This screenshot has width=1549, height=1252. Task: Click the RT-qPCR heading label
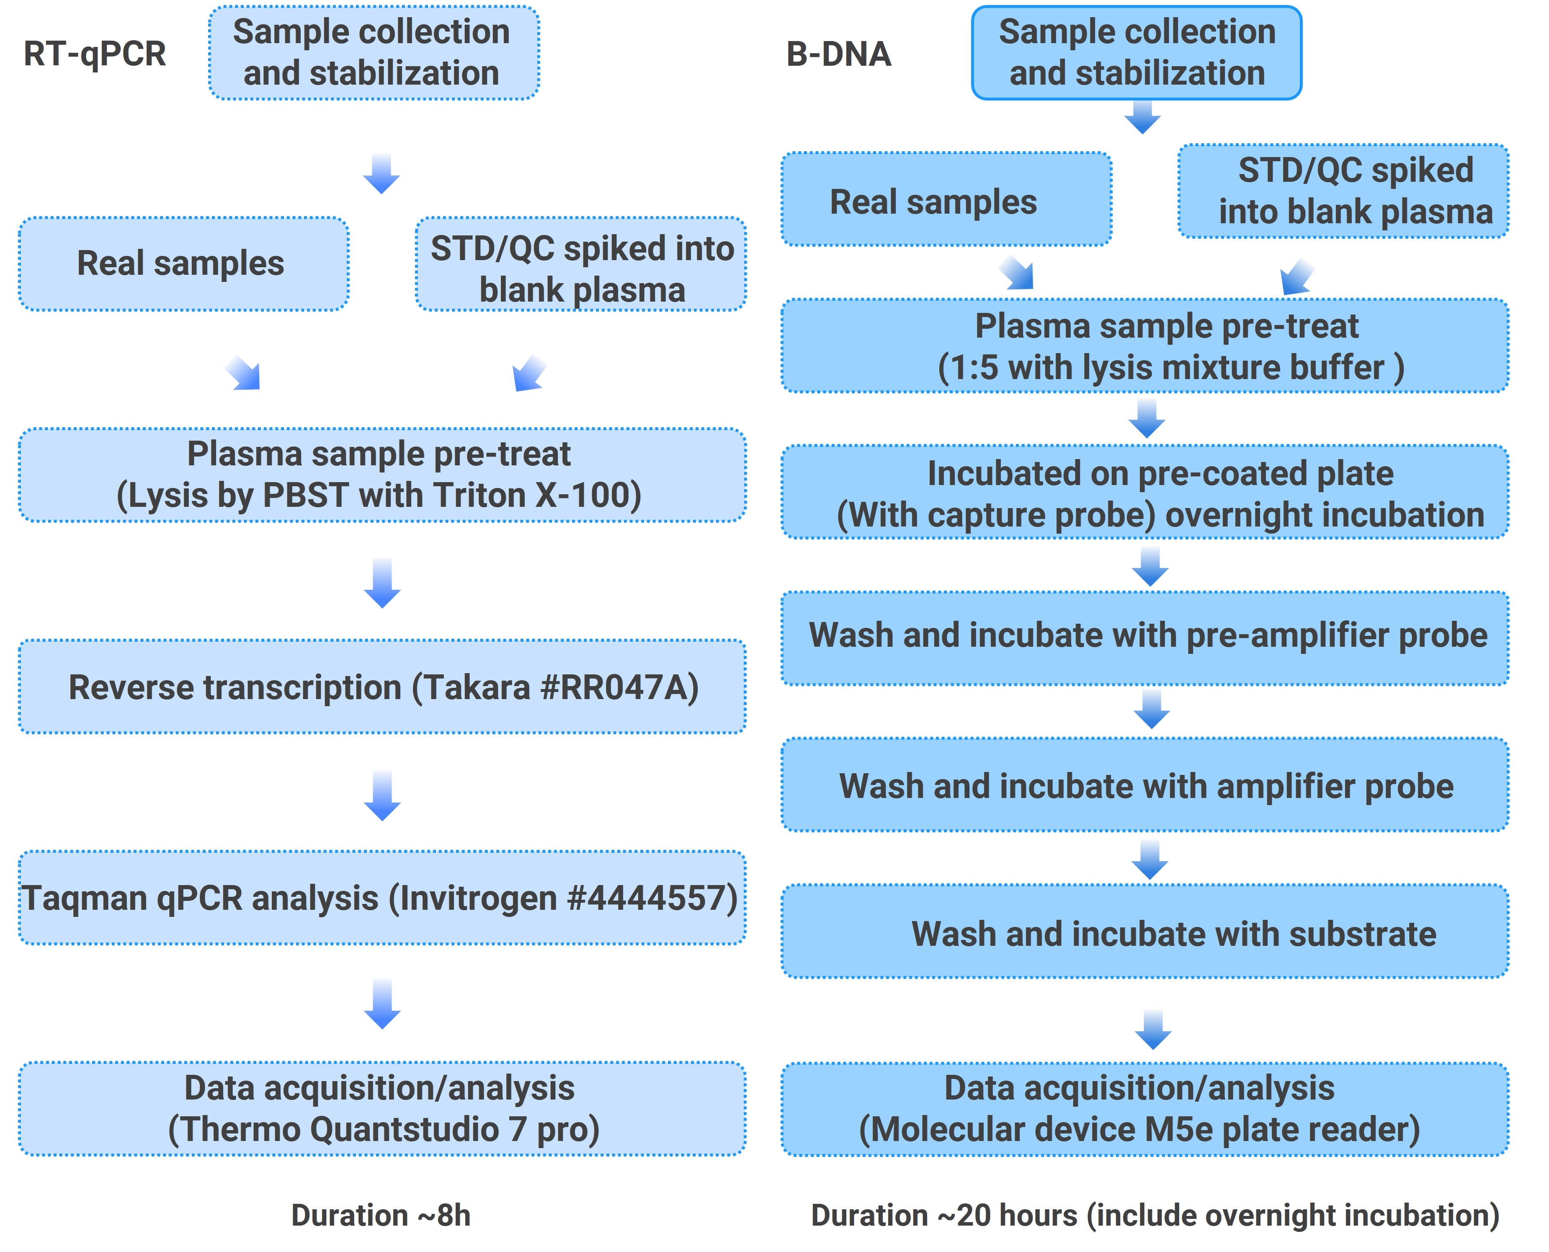click(x=95, y=54)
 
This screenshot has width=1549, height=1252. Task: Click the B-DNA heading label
click(x=839, y=54)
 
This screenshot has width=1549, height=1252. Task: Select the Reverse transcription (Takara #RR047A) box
click(x=382, y=687)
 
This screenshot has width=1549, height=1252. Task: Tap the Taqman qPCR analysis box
click(x=382, y=898)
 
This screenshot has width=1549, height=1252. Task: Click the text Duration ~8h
click(x=381, y=1215)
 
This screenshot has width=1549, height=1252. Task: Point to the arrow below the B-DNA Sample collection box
click(x=1142, y=118)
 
